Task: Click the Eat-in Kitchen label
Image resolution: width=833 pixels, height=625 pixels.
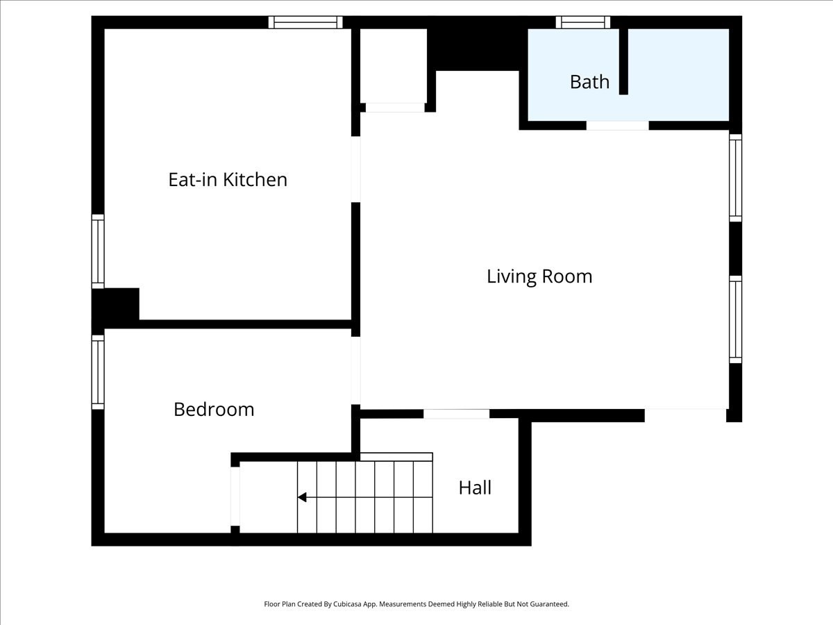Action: pyautogui.click(x=228, y=179)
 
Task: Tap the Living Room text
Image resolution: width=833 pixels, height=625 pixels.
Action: pyautogui.click(x=539, y=276)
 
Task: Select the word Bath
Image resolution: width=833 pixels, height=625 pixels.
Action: pyautogui.click(x=589, y=82)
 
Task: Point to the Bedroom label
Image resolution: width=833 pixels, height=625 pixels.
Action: pyautogui.click(x=214, y=409)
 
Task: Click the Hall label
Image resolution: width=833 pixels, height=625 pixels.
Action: pyautogui.click(x=475, y=487)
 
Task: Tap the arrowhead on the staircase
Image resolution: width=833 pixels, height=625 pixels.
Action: pyautogui.click(x=302, y=497)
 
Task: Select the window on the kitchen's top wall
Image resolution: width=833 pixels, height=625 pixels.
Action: pyautogui.click(x=305, y=22)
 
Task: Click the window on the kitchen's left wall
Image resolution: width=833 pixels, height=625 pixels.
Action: pyautogui.click(x=98, y=251)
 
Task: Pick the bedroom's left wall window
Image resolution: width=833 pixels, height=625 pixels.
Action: pyautogui.click(x=98, y=372)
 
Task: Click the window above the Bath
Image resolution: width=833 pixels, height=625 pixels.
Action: pyautogui.click(x=583, y=22)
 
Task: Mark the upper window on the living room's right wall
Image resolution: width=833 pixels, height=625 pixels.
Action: pyautogui.click(x=735, y=178)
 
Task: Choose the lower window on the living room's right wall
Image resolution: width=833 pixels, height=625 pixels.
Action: pyautogui.click(x=735, y=319)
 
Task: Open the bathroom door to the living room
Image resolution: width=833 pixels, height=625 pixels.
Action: pyautogui.click(x=617, y=126)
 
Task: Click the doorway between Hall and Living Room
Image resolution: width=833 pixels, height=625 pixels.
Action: pyautogui.click(x=456, y=414)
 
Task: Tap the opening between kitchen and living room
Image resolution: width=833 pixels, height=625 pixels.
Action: pyautogui.click(x=355, y=169)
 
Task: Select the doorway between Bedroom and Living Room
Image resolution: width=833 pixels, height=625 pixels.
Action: pyautogui.click(x=355, y=370)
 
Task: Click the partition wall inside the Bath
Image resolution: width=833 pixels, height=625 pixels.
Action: pyautogui.click(x=623, y=61)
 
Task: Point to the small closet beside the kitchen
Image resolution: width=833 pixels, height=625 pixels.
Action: pyautogui.click(x=394, y=66)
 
